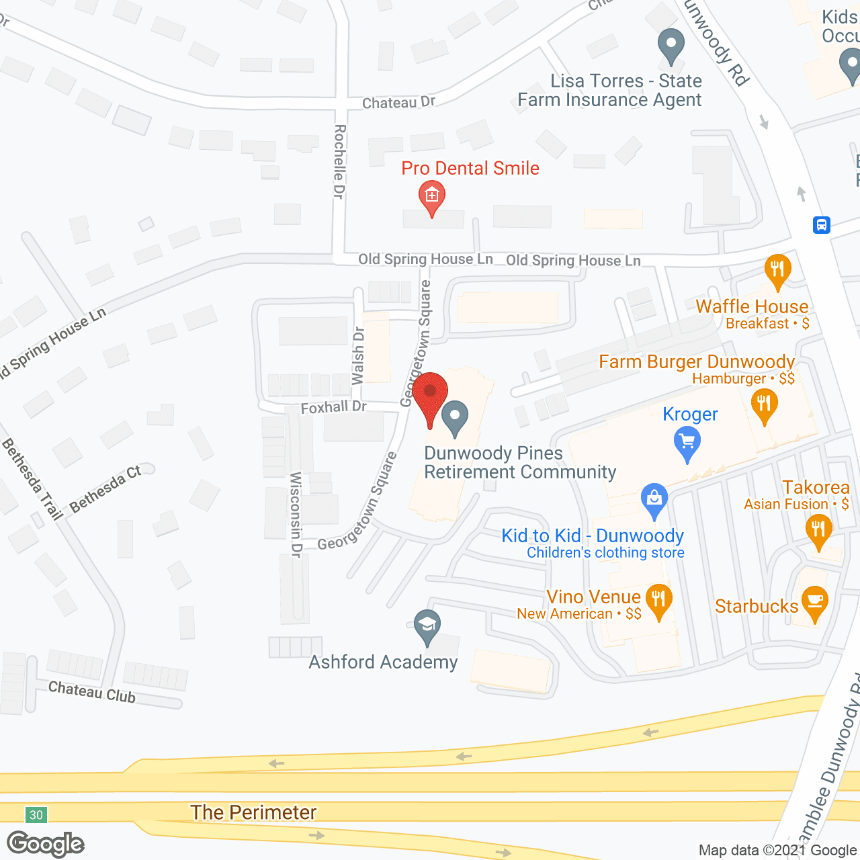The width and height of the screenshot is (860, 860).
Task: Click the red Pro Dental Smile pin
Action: pyautogui.click(x=432, y=196)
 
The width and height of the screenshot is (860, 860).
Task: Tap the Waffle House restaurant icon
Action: pyautogui.click(x=777, y=270)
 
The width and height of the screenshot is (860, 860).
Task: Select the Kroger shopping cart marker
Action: pyautogui.click(x=687, y=443)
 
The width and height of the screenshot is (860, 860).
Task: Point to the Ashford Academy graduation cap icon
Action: pyautogui.click(x=427, y=626)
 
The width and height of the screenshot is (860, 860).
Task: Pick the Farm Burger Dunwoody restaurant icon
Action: pyautogui.click(x=764, y=404)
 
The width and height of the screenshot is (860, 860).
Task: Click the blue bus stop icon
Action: pyautogui.click(x=821, y=224)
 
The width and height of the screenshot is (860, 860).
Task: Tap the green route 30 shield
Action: pyautogui.click(x=36, y=815)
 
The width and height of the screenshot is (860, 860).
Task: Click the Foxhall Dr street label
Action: pyautogui.click(x=333, y=407)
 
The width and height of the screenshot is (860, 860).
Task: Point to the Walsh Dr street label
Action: pyautogui.click(x=358, y=355)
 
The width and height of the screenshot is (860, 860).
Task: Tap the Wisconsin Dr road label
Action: pyautogui.click(x=296, y=515)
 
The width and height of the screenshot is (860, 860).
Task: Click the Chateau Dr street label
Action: pyautogui.click(x=398, y=103)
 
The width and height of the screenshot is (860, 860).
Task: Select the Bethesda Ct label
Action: pyautogui.click(x=105, y=488)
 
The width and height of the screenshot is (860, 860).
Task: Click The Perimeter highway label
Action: pyautogui.click(x=253, y=812)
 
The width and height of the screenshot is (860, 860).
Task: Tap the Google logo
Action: pyautogui.click(x=46, y=844)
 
